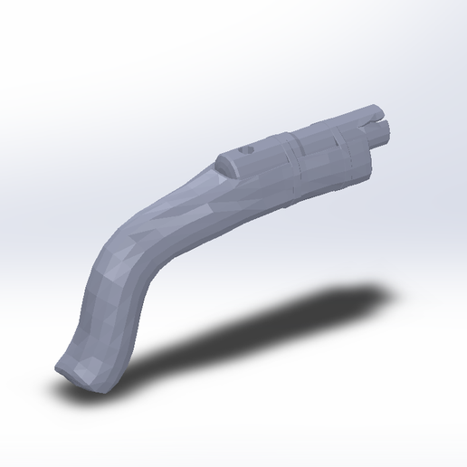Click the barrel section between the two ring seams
point(321,147)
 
